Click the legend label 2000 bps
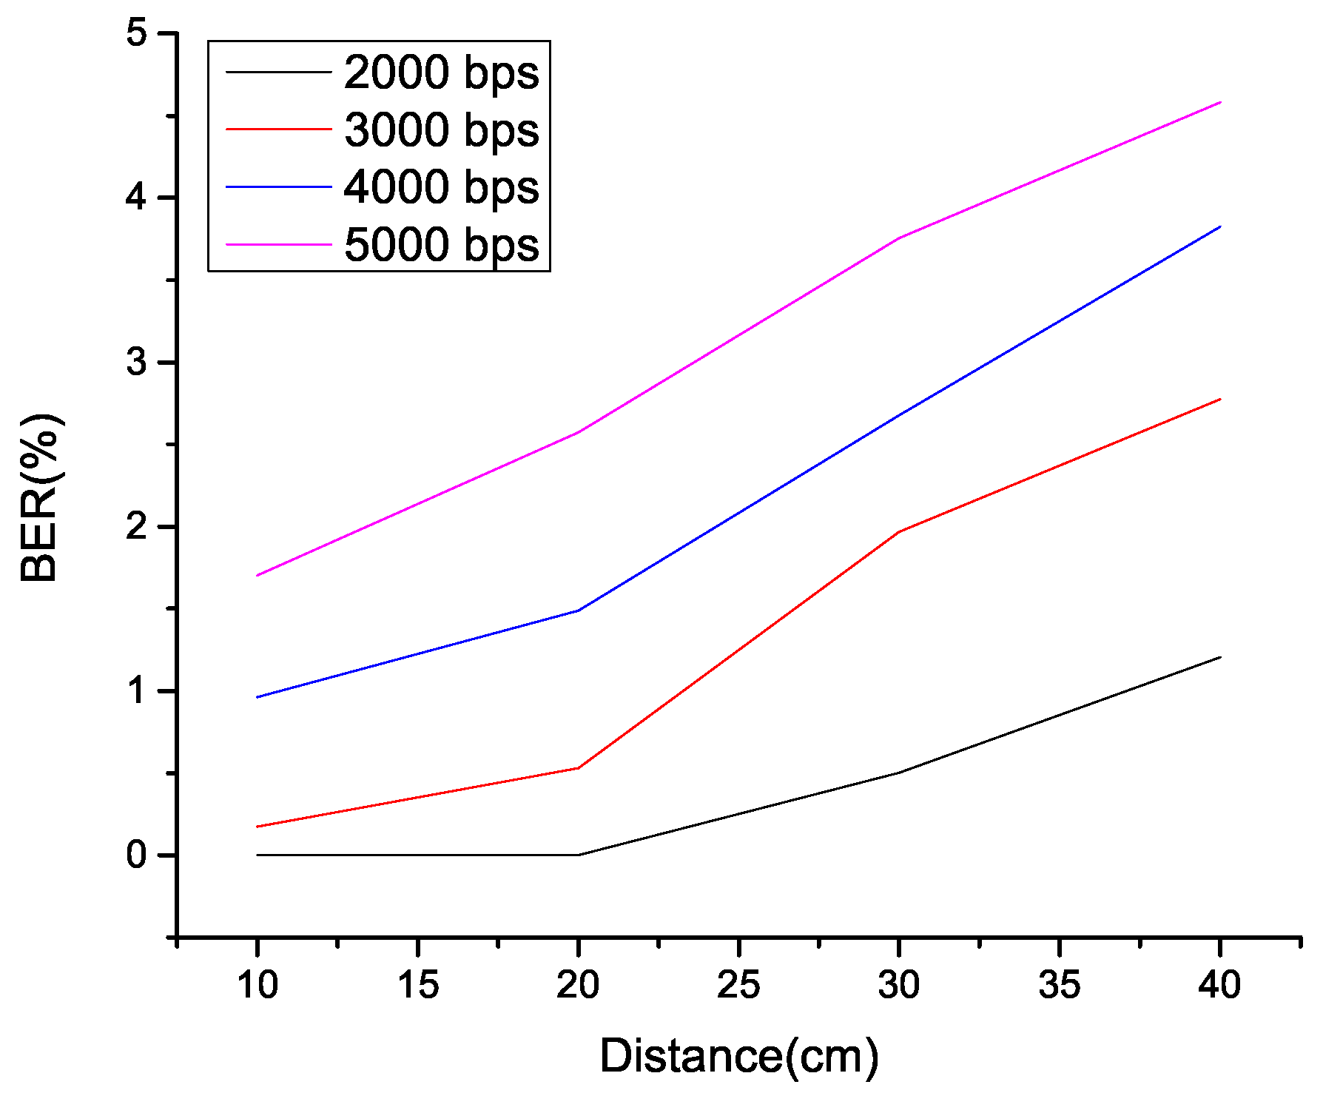pyautogui.click(x=441, y=73)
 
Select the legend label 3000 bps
pyautogui.click(x=441, y=130)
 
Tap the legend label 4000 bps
pyautogui.click(x=441, y=187)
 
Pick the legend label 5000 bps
pyautogui.click(x=441, y=245)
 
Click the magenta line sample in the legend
pyautogui.click(x=278, y=244)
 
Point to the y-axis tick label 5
pyautogui.click(x=137, y=34)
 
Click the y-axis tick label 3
pyautogui.click(x=137, y=363)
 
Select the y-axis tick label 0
pyautogui.click(x=137, y=855)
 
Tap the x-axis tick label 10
pyautogui.click(x=257, y=985)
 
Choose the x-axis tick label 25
pyautogui.click(x=738, y=985)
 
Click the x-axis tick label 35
pyautogui.click(x=1059, y=985)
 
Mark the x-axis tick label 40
pyautogui.click(x=1219, y=985)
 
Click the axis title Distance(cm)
pyautogui.click(x=738, y=1055)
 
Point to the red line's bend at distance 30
pyautogui.click(x=898, y=531)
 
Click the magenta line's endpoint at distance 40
pyautogui.click(x=1219, y=102)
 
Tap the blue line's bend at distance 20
pyautogui.click(x=578, y=611)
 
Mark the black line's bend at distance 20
pyautogui.click(x=578, y=855)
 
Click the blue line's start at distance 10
pyautogui.click(x=257, y=697)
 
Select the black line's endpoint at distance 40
pyautogui.click(x=1219, y=656)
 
